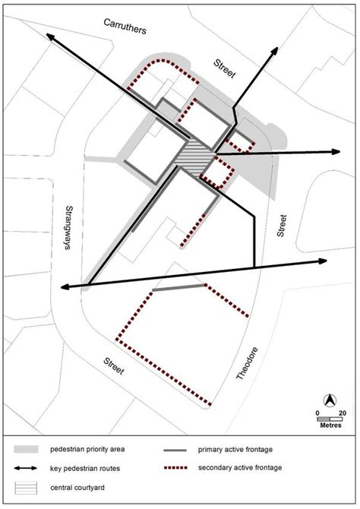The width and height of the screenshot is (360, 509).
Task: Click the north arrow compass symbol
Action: pyautogui.click(x=330, y=400)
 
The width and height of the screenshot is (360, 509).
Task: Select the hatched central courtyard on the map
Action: pyautogui.click(x=196, y=157)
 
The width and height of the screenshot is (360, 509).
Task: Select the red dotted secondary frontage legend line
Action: pyautogui.click(x=176, y=469)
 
